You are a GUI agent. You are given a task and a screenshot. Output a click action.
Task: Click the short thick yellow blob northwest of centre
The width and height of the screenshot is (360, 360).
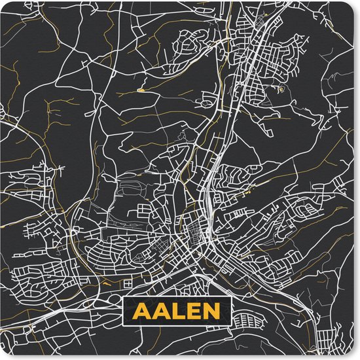point(140,89)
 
